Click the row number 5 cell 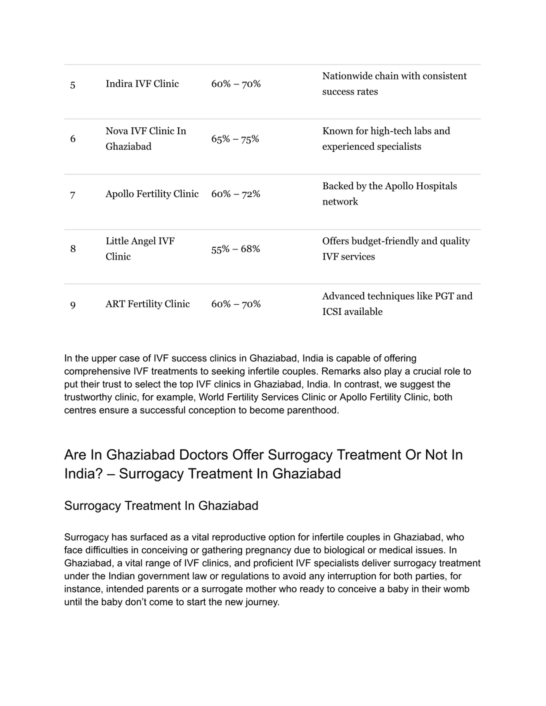point(73,85)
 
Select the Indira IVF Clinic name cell point(142,84)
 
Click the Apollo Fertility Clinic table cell point(152,194)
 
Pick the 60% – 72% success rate point(235,194)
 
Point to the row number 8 point(73,249)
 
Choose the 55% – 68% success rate point(235,249)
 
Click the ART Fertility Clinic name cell point(148,304)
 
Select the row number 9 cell point(73,305)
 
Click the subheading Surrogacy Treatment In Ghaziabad point(161,505)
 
